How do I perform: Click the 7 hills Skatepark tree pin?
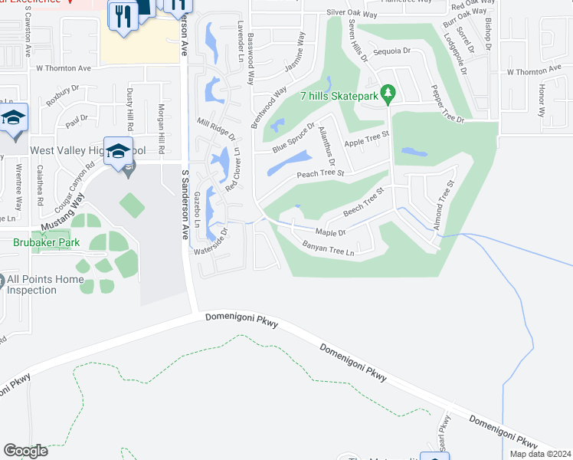(388, 94)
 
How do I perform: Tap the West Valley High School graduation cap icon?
(118, 150)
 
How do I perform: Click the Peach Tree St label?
(320, 174)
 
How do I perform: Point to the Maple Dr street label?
(331, 232)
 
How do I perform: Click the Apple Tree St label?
(367, 138)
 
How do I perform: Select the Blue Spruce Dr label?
(293, 138)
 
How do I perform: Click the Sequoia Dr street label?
(392, 51)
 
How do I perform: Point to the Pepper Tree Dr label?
(447, 103)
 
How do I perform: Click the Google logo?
(25, 451)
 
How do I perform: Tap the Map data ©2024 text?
(539, 454)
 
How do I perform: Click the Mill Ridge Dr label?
(215, 127)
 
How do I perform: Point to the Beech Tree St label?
(363, 203)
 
